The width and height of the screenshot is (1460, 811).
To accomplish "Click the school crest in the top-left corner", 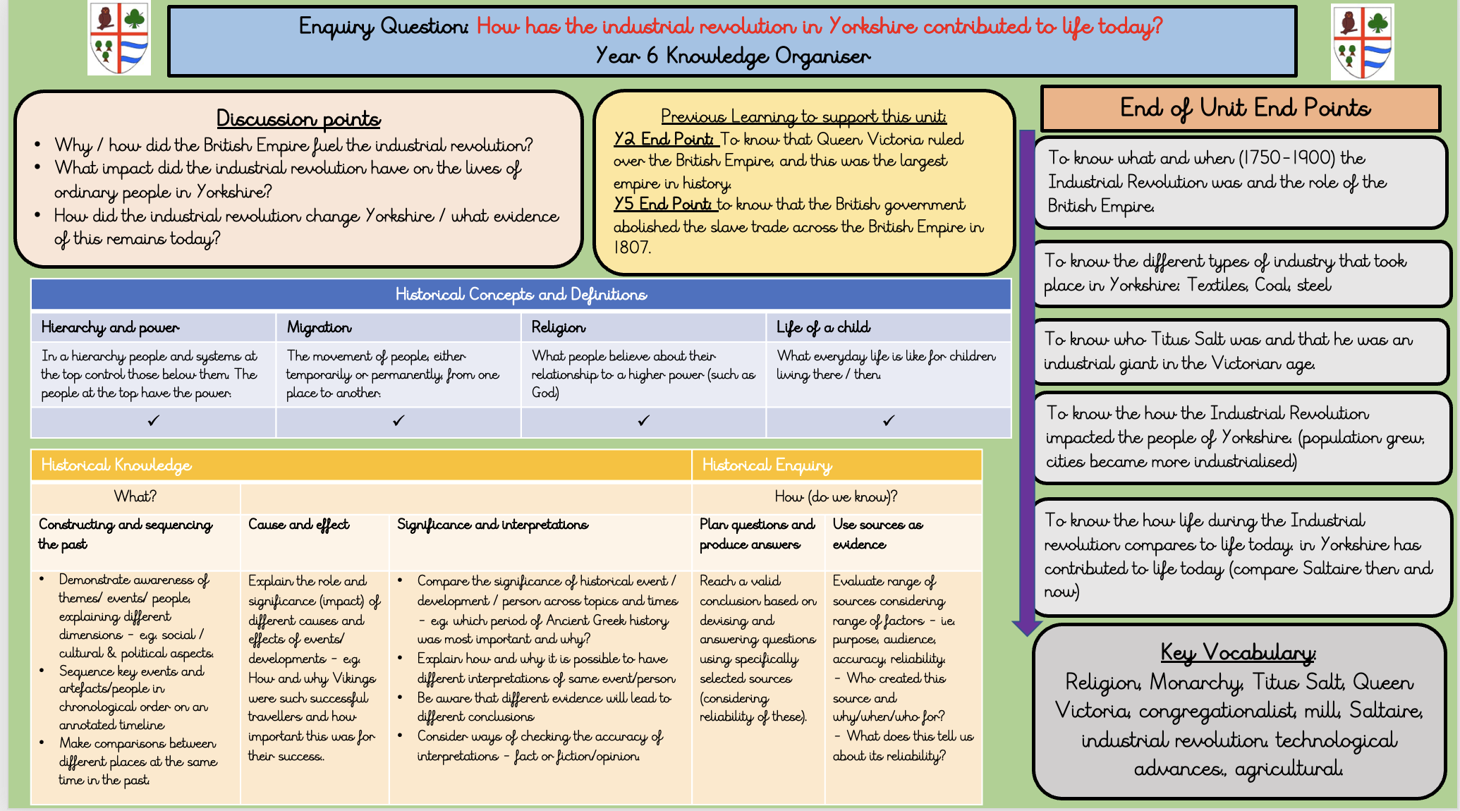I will (x=118, y=38).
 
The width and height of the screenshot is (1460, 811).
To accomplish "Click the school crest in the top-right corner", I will (x=1362, y=42).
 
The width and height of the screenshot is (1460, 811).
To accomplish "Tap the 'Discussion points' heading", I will (x=298, y=118).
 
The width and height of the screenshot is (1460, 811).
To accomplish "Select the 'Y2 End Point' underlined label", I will (x=664, y=139).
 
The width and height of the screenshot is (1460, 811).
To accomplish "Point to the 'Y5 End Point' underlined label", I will (x=662, y=204).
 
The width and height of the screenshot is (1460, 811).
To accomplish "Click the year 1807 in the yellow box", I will (x=632, y=248).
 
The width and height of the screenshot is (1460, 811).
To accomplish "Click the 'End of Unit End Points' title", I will (x=1245, y=108).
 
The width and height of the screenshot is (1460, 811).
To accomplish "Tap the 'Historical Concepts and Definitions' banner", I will (x=521, y=294).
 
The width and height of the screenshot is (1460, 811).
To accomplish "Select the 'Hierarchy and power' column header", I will (x=110, y=327).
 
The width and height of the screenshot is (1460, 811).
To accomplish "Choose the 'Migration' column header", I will (x=319, y=327).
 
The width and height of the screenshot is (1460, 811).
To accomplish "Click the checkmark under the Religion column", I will (x=643, y=420).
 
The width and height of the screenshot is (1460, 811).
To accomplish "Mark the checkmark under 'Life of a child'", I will (x=889, y=420).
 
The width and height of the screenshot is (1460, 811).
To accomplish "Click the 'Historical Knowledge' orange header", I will (x=116, y=465).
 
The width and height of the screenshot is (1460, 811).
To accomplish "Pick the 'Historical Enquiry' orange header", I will (x=767, y=465).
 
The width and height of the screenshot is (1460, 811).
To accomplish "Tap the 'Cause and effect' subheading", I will (x=298, y=524).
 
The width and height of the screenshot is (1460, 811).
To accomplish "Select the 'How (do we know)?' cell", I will (x=836, y=496).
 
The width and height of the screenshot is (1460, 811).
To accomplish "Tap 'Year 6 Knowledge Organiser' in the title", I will (x=733, y=56).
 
